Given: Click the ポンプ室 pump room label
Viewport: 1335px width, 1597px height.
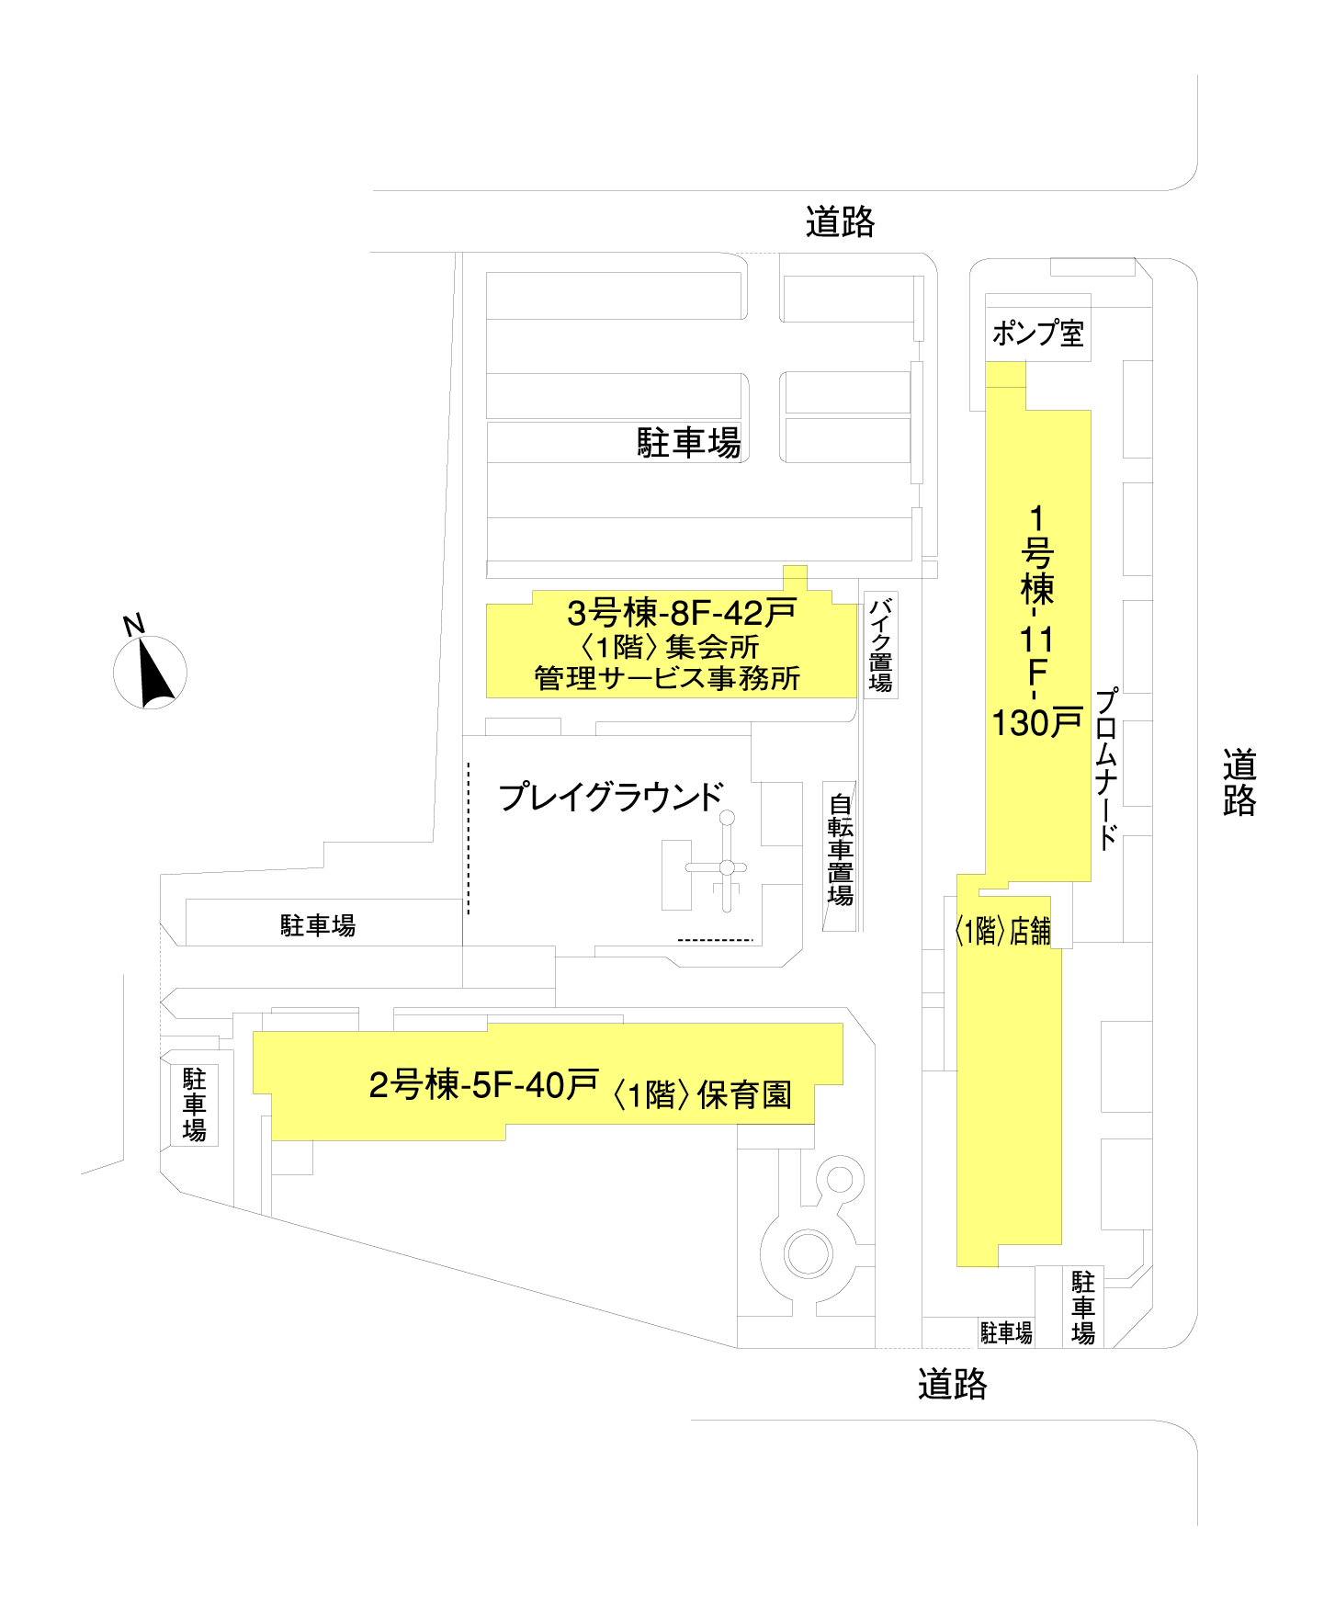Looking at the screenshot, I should pos(1037,333).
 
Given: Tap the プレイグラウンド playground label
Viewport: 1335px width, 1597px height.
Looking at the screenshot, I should pos(611,797).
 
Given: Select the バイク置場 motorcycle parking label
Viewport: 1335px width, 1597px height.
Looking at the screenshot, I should pos(880,644).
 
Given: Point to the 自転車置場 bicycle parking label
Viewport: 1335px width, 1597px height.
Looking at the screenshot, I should pos(840,850).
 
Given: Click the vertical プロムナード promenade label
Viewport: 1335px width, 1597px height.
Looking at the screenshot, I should pos(1107,768).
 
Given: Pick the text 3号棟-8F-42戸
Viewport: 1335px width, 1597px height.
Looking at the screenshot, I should pos(681,612).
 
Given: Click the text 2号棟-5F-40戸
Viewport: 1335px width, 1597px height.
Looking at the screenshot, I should pos(483,1085).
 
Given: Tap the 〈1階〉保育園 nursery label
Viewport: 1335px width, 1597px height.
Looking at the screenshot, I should pos(702,1094).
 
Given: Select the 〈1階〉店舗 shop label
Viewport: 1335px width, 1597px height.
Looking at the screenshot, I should pos(1002,932).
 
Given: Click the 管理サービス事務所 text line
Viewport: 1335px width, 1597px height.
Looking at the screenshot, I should pos(667,679).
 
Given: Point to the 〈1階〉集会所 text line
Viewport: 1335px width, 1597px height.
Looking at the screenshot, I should pos(670,647).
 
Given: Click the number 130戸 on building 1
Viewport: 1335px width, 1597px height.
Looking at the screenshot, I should pos(1036,723).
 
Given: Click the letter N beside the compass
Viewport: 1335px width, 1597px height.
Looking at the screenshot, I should pos(134,626).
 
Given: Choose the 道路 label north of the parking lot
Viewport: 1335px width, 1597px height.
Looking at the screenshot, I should pos(840,222).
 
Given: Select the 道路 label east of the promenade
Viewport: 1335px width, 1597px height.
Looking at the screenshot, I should pos(1239,783).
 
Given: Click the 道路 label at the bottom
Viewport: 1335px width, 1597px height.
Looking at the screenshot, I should pos(952,1384).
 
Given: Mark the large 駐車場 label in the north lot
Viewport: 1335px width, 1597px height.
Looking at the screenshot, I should pos(689,443).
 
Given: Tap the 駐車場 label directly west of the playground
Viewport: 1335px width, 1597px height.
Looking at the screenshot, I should pos(318,925).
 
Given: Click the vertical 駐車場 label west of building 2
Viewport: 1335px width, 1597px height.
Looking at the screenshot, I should pos(194,1104).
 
